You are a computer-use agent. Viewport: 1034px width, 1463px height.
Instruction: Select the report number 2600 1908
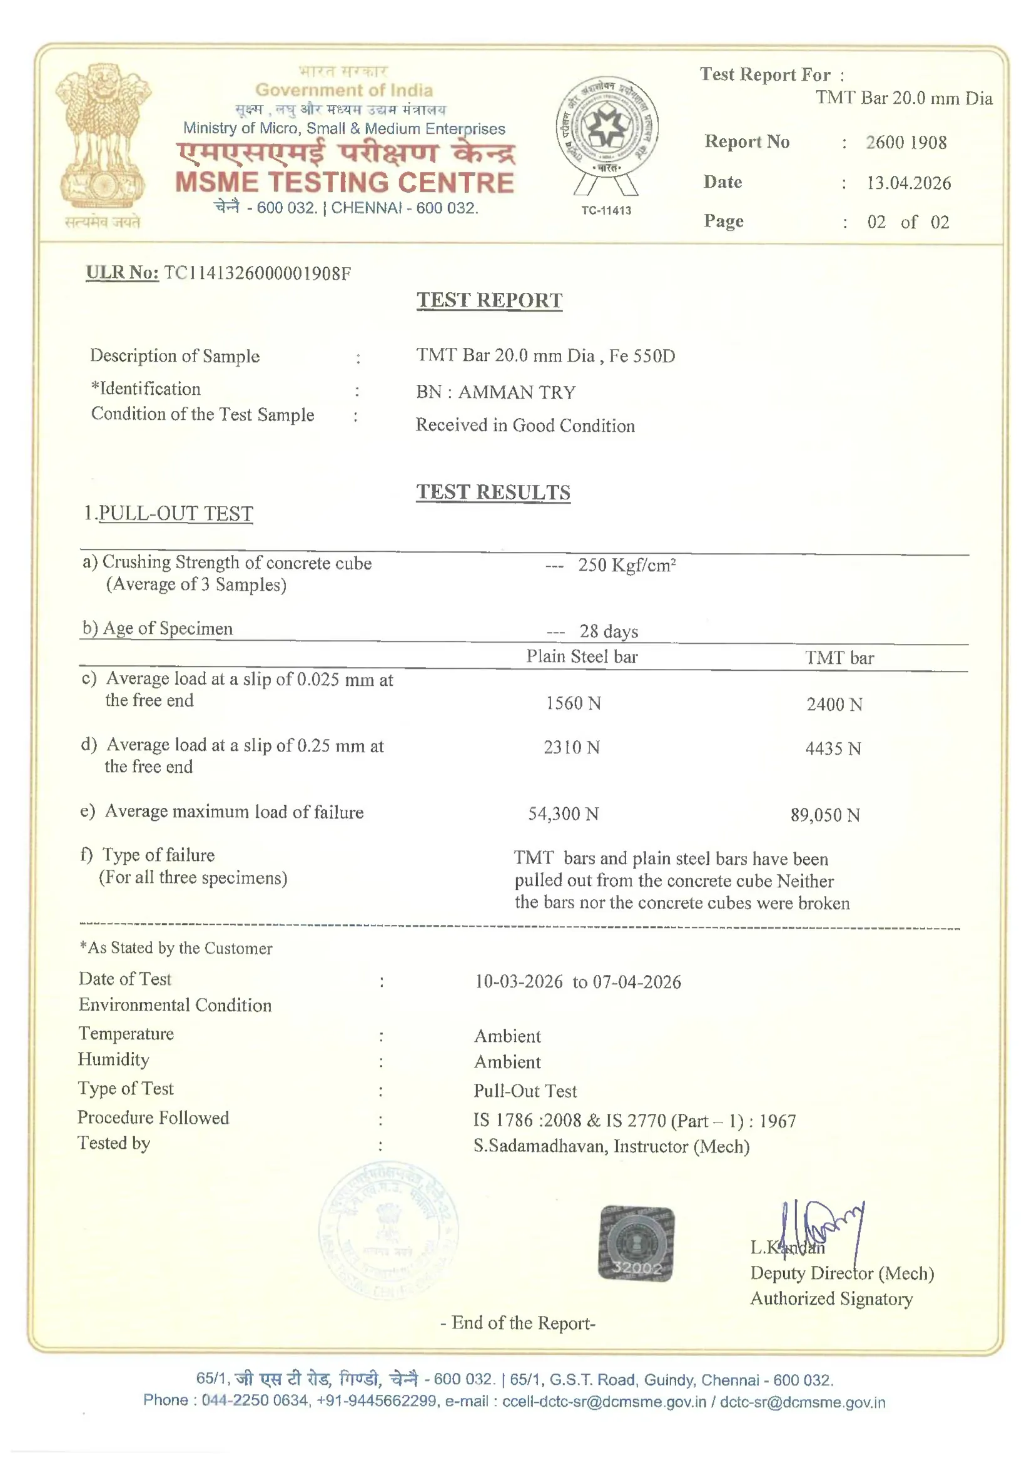pos(905,142)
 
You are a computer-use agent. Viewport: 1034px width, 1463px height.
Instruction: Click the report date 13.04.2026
pos(908,183)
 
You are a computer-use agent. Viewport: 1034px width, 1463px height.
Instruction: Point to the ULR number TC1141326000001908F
pos(257,273)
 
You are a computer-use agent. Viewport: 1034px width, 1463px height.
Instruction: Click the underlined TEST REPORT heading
pos(489,300)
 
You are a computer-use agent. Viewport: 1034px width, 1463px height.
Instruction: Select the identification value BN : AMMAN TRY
pos(495,392)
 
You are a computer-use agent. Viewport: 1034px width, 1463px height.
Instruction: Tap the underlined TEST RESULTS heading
pos(493,492)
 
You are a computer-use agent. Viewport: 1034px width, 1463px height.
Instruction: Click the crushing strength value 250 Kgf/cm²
pos(626,565)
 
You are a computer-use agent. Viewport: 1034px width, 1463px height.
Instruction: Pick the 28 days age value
pos(609,631)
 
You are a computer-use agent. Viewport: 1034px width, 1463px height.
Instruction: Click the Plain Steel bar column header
pos(581,656)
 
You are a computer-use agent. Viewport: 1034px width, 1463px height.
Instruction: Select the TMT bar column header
pos(839,658)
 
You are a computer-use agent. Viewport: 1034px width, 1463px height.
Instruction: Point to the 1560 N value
pos(573,703)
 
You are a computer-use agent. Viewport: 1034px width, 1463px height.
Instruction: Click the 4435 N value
pos(833,748)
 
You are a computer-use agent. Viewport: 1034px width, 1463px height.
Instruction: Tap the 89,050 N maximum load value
pos(825,814)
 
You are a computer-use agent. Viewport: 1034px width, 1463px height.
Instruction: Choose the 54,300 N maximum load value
pos(563,813)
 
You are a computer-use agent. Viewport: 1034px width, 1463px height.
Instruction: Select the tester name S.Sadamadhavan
pos(541,1146)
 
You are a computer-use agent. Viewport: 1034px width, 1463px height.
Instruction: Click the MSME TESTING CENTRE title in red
pos(344,183)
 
